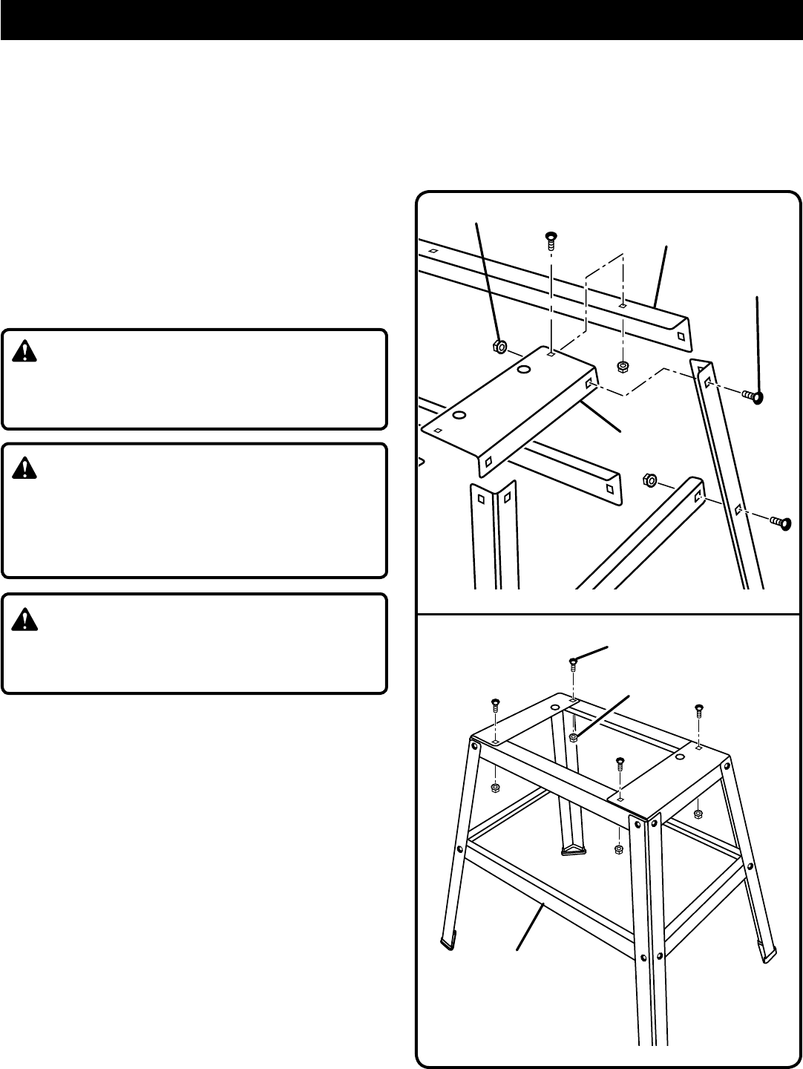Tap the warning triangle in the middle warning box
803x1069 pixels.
pos(25,468)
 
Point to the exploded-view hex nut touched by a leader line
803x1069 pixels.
pos(499,345)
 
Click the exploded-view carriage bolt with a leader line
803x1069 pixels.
pos(754,397)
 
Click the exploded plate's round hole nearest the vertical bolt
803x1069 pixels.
pos(525,369)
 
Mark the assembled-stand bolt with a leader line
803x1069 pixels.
pos(574,662)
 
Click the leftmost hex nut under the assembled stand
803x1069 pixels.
pos(496,788)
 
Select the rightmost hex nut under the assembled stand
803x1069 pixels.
pos(698,814)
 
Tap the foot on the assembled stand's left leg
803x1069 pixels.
pos(448,943)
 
